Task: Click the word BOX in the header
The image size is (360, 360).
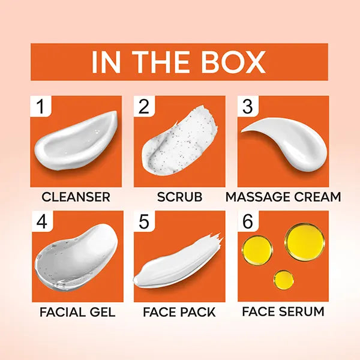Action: coord(233,62)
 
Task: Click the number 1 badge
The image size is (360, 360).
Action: coord(41,106)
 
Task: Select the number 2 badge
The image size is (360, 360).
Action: coord(144,106)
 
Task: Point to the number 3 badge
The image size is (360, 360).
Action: coord(248,106)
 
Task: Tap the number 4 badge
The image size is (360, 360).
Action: coord(42,221)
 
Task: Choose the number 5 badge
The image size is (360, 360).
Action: coord(144,221)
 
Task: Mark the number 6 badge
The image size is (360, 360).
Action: coord(248,221)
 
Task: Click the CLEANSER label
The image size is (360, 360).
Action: coord(76,197)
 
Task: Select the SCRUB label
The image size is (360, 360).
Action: coord(180,197)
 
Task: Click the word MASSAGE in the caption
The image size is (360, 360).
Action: coord(259,197)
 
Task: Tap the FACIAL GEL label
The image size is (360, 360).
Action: coord(77,312)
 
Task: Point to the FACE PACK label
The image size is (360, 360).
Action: coord(179,312)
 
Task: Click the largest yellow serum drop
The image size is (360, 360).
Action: coord(304,242)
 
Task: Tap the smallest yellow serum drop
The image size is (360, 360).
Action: coord(284,280)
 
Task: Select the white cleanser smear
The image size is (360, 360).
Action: coord(76,142)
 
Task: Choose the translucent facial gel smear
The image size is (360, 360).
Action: coord(76,256)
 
